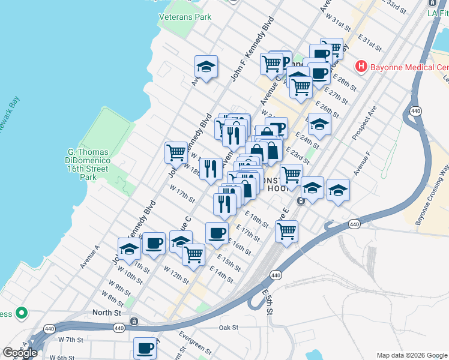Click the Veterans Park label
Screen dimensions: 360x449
point(185,17)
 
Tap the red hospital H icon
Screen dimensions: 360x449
point(361,65)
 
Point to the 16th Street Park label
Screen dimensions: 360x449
point(89,160)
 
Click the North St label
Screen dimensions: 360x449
point(107,313)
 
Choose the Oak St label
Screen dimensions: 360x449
point(229,328)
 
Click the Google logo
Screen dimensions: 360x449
point(20,353)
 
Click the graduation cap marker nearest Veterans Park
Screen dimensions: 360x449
point(206,67)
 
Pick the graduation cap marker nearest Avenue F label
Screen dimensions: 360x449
point(339,190)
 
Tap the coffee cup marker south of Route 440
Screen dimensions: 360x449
point(145,348)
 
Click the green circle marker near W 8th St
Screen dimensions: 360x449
point(22,313)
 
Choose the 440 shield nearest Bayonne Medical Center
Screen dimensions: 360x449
point(415,111)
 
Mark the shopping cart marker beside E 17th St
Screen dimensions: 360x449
point(287,230)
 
